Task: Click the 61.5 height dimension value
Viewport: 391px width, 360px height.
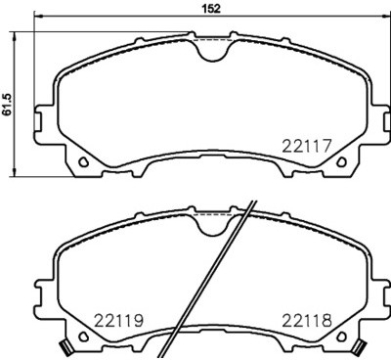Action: tap(8, 103)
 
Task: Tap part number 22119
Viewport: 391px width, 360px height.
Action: tap(119, 320)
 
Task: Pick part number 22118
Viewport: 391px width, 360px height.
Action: tap(309, 320)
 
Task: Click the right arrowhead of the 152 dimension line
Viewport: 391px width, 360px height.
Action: tap(384, 17)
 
